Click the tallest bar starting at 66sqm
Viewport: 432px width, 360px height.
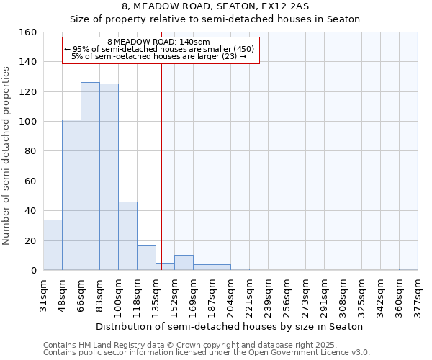90,176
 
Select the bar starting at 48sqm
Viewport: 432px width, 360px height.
71,194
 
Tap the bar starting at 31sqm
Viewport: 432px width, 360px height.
53,245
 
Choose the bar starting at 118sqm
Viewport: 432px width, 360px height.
146,258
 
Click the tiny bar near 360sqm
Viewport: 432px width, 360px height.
408,269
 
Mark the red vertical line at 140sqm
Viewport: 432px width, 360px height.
161,166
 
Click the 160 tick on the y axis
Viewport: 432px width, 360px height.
28,32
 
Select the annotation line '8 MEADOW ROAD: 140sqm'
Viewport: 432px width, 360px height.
158,42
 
